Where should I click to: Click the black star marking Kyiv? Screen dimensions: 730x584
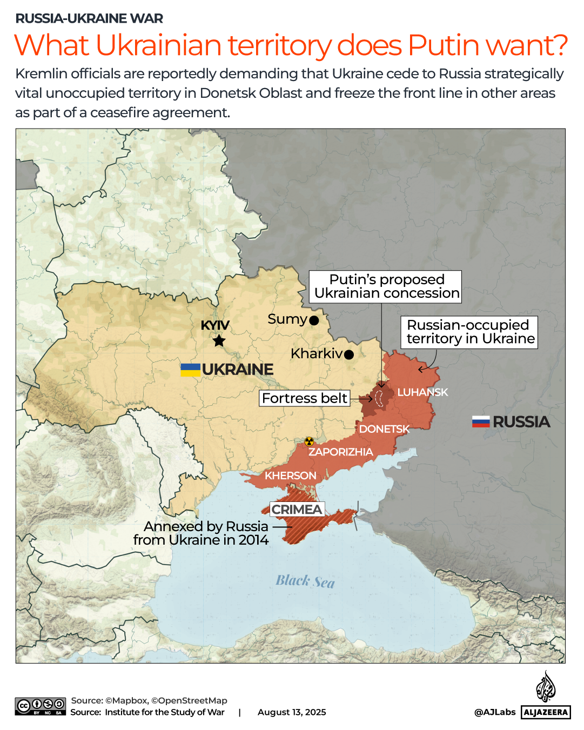(219, 341)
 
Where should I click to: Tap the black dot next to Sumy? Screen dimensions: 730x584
(314, 320)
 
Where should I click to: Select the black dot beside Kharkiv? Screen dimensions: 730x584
(349, 355)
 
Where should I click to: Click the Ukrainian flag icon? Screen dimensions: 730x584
(190, 370)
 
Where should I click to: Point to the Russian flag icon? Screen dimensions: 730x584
(481, 421)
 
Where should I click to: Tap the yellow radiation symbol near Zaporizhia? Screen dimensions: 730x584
(309, 441)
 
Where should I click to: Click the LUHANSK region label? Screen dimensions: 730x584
(422, 392)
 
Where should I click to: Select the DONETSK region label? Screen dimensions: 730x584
(384, 429)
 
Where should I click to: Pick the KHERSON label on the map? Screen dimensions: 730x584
(290, 475)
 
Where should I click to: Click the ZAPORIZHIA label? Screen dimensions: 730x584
(340, 452)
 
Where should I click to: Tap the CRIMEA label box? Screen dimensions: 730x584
(297, 510)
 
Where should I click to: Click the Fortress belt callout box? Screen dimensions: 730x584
(304, 398)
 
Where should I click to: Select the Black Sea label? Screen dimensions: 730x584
(305, 581)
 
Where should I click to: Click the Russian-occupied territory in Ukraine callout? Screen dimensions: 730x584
(469, 332)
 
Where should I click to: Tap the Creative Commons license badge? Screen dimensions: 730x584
(41, 706)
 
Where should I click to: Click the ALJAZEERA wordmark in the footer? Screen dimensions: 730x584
(546, 712)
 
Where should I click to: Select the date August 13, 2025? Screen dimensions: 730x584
(292, 712)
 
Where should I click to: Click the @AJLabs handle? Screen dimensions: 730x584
(495, 712)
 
